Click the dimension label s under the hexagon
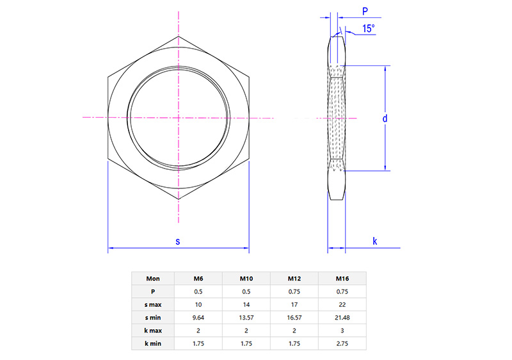178,241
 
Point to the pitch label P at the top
365,11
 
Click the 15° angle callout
368,29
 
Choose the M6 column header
199,279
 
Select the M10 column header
247,279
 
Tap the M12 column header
295,279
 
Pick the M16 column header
342,279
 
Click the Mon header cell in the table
153,279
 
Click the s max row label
153,304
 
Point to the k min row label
153,343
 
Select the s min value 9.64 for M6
199,317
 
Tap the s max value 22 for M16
342,304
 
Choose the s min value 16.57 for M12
295,317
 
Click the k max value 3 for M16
342,331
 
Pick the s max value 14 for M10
247,304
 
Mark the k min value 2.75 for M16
342,343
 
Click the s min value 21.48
342,317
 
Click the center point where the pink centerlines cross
178,117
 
